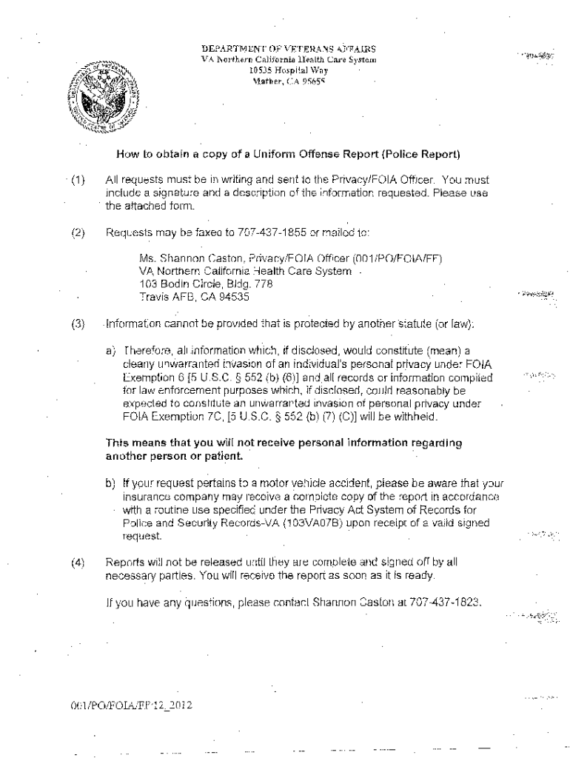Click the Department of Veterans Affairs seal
pyautogui.click(x=104, y=94)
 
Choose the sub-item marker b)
pyautogui.click(x=111, y=483)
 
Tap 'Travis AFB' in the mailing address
pyautogui.click(x=164, y=298)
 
